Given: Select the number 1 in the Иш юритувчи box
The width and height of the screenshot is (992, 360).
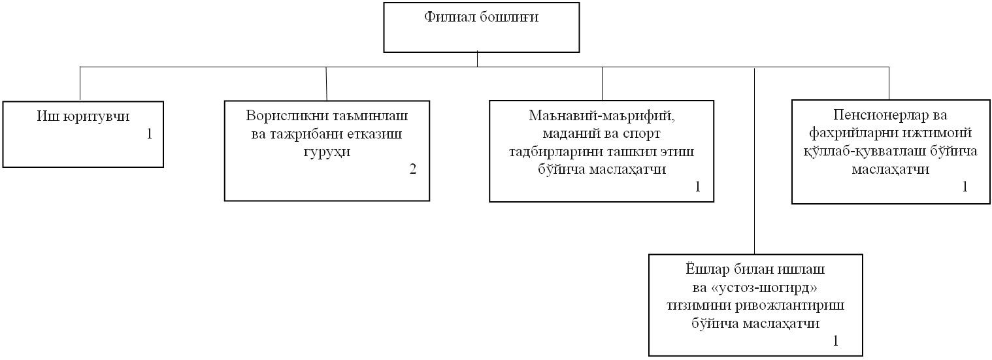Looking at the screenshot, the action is [x=150, y=134].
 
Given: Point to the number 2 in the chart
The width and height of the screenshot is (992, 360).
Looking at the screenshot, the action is [x=413, y=169].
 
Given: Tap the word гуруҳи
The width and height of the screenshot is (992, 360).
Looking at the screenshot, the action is [x=327, y=152].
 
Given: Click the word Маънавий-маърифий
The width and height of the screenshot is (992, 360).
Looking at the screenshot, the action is [x=602, y=116].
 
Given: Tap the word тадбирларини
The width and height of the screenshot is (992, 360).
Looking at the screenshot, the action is [x=556, y=152].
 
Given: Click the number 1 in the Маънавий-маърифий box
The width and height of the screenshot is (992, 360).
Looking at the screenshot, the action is [x=697, y=187].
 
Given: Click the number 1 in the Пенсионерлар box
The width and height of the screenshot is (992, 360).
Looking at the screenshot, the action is [x=965, y=186].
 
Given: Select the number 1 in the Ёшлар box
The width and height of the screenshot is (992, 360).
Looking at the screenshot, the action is [x=836, y=341].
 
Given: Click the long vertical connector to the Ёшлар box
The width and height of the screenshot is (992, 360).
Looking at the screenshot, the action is [x=754, y=161].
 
